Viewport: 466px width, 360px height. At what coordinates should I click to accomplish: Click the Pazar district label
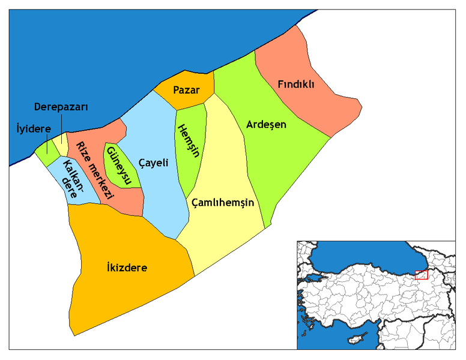(186, 90)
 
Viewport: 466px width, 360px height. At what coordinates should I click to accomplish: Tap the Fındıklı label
(296, 84)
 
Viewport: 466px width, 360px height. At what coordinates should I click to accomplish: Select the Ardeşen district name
(266, 125)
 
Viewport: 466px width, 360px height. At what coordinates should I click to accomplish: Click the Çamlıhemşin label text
(223, 203)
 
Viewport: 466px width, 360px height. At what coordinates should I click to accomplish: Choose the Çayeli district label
(153, 163)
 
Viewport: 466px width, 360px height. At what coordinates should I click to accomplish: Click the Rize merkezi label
(94, 167)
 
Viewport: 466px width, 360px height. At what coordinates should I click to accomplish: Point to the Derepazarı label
(61, 107)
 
